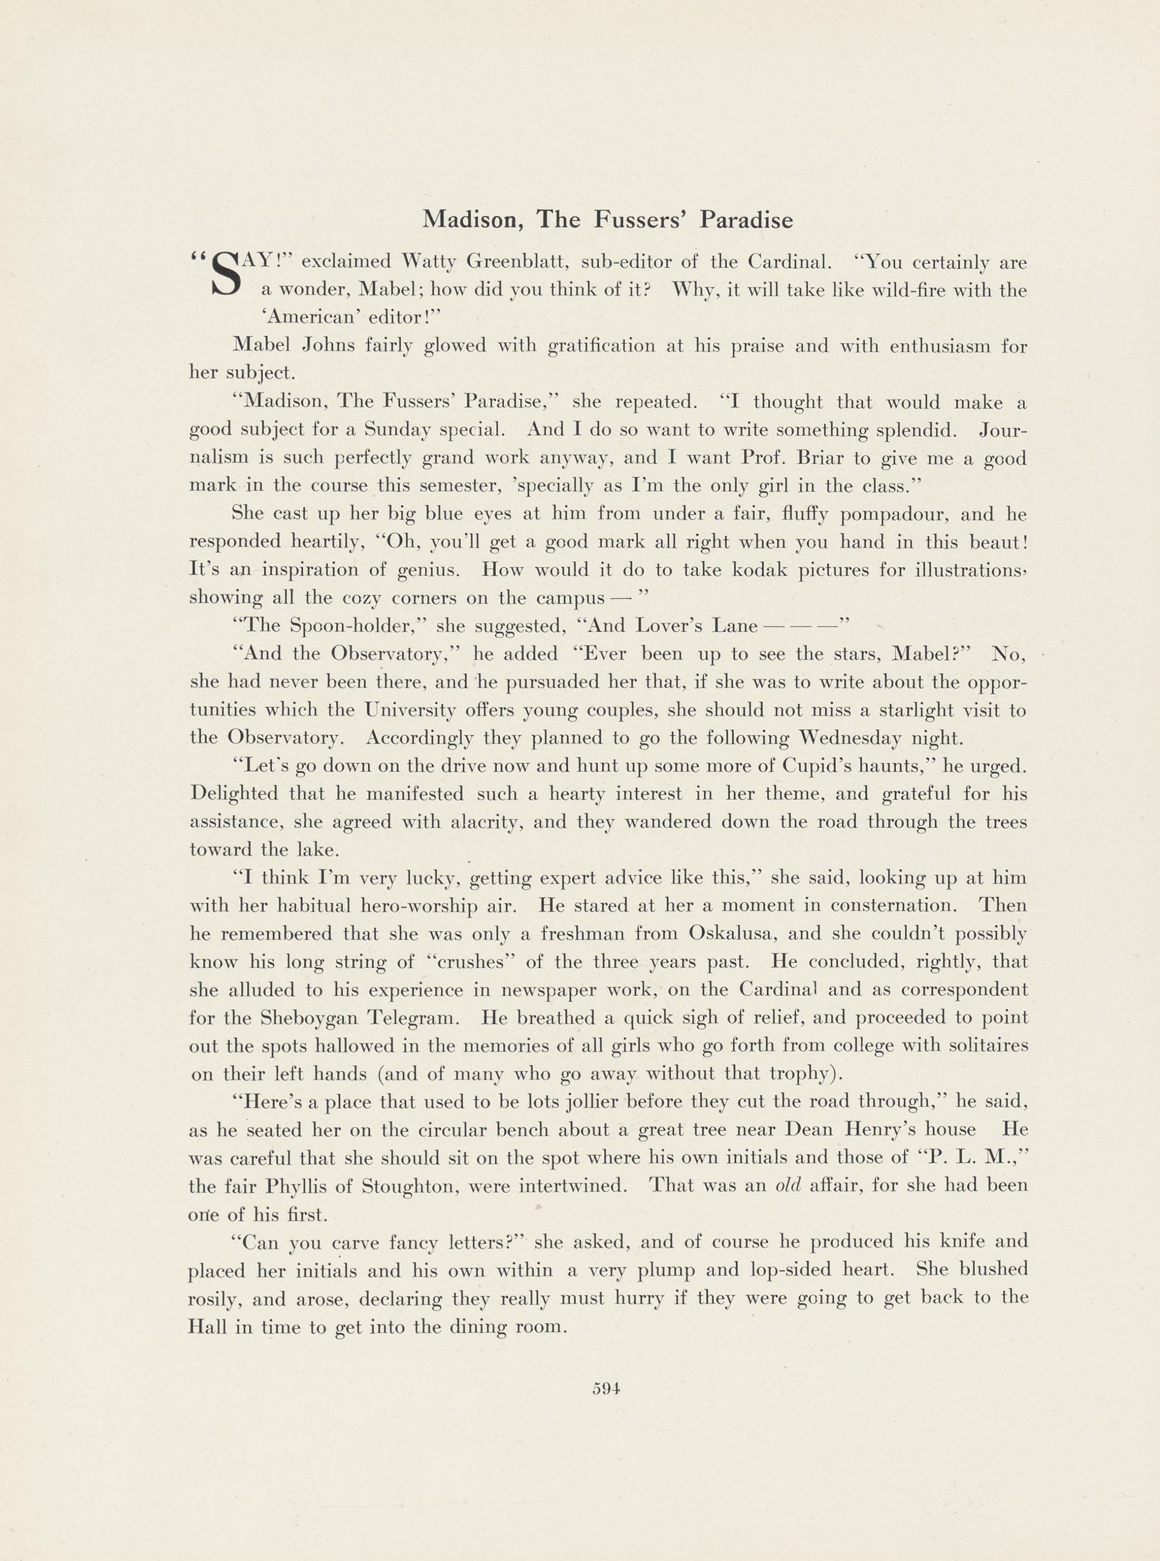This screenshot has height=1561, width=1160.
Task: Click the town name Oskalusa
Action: [742, 934]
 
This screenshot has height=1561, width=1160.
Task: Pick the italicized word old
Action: [788, 1185]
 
